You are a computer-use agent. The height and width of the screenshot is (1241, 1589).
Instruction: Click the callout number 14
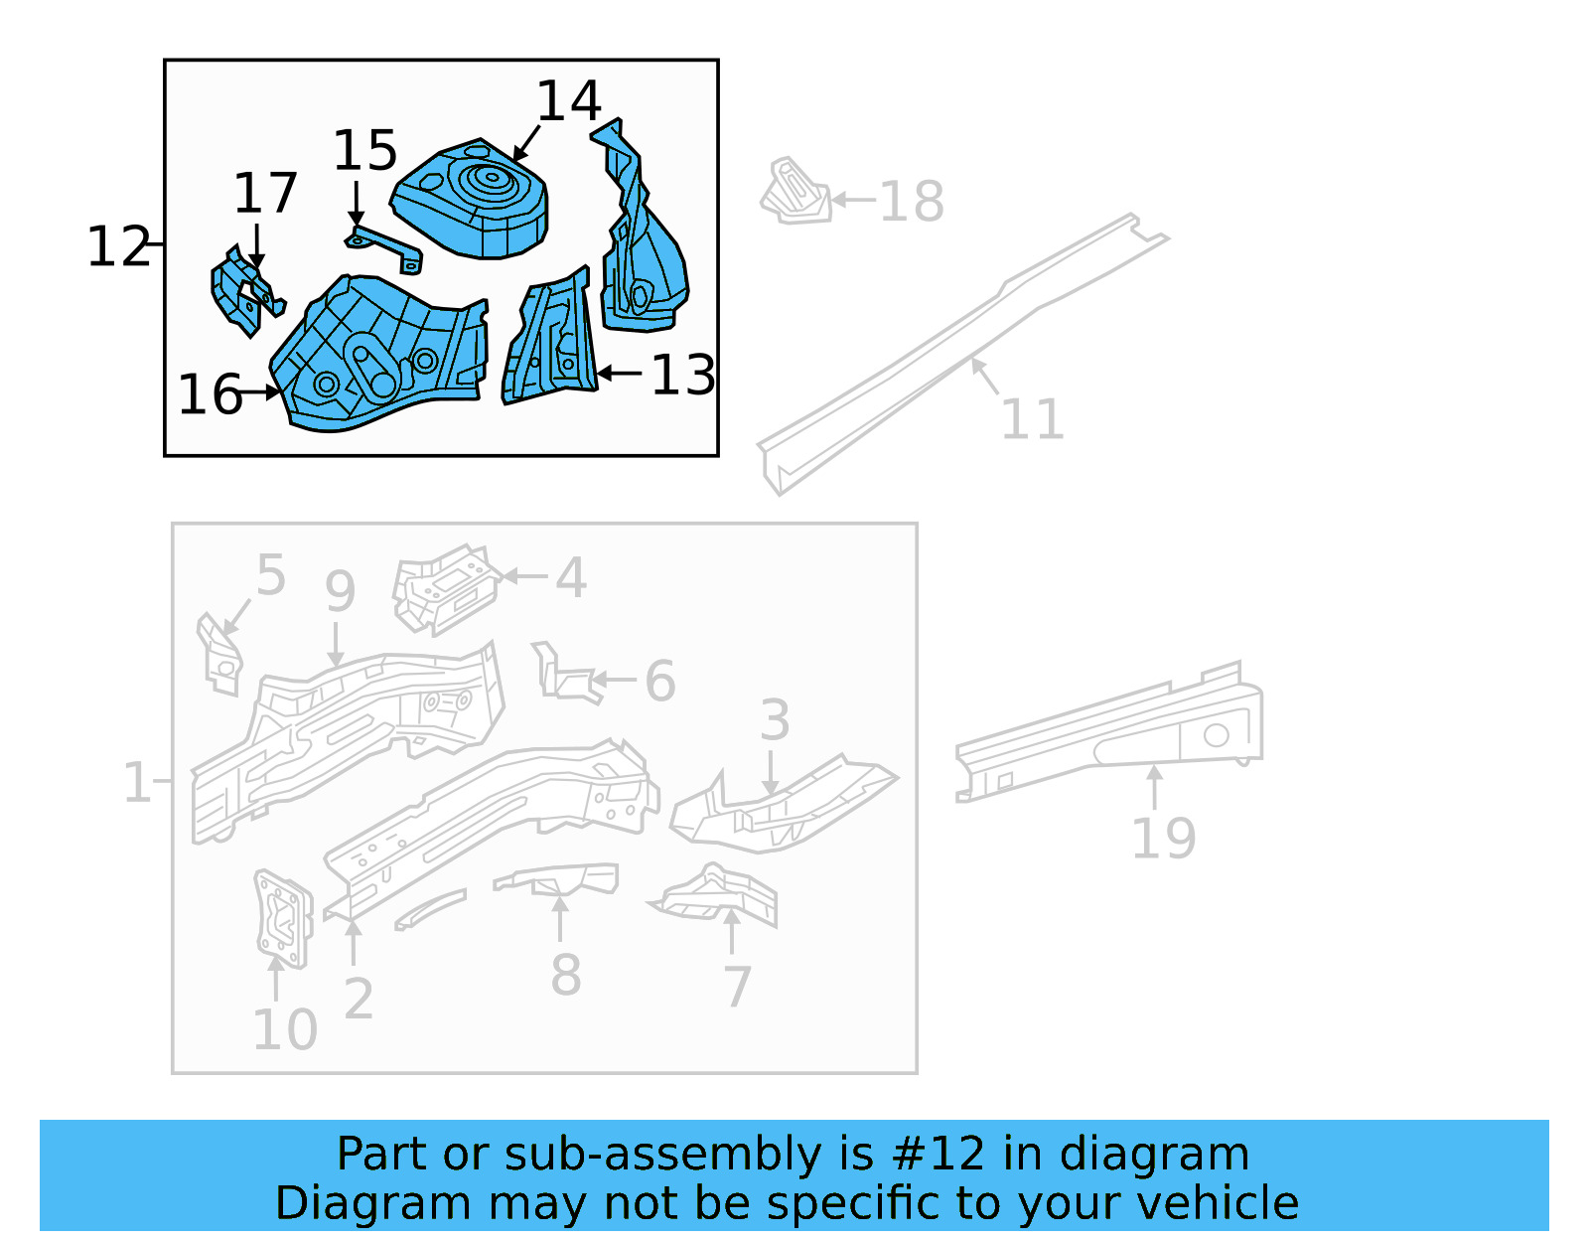click(569, 101)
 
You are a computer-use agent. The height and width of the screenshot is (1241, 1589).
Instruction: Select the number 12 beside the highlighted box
click(118, 246)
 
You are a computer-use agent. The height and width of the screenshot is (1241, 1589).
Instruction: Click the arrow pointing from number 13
click(621, 374)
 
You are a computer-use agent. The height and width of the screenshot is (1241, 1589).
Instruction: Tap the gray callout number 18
click(911, 202)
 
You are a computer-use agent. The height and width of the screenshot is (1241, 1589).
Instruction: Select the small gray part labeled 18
click(795, 192)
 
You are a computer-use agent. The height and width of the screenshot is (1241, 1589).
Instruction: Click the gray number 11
click(1032, 419)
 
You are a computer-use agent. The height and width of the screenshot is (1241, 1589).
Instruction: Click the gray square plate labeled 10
click(282, 918)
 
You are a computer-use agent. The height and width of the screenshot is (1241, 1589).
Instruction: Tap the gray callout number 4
click(570, 577)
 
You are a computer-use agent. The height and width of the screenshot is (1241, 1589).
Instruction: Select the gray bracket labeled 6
click(566, 676)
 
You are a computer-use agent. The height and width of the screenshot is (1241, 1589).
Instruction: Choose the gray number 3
click(775, 720)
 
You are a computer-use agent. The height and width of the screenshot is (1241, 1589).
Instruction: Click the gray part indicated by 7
click(720, 894)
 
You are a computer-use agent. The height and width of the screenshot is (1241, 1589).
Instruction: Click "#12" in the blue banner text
click(939, 1155)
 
